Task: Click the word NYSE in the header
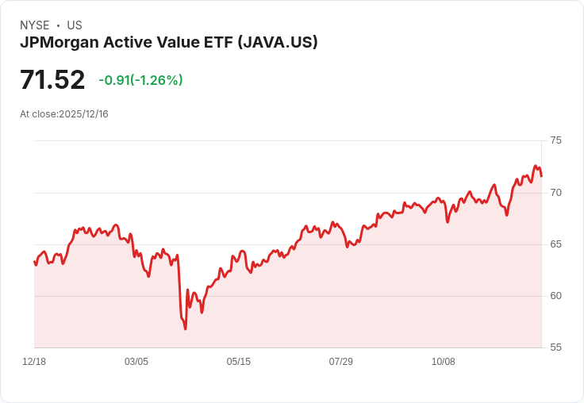(35, 25)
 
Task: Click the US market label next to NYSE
(75, 25)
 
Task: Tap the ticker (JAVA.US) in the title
(278, 43)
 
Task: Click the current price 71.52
(52, 80)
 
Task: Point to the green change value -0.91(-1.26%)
(140, 80)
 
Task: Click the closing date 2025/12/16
(83, 114)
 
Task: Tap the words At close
(38, 114)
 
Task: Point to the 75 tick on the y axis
(555, 140)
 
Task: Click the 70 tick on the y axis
(555, 193)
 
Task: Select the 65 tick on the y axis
(555, 244)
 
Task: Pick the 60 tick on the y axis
(555, 296)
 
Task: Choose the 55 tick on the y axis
(555, 347)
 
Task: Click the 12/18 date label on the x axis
(34, 362)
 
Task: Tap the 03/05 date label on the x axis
(136, 362)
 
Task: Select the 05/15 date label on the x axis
(239, 362)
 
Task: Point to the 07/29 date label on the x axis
(341, 362)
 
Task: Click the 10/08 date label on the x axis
(444, 362)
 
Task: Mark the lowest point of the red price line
(186, 328)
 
